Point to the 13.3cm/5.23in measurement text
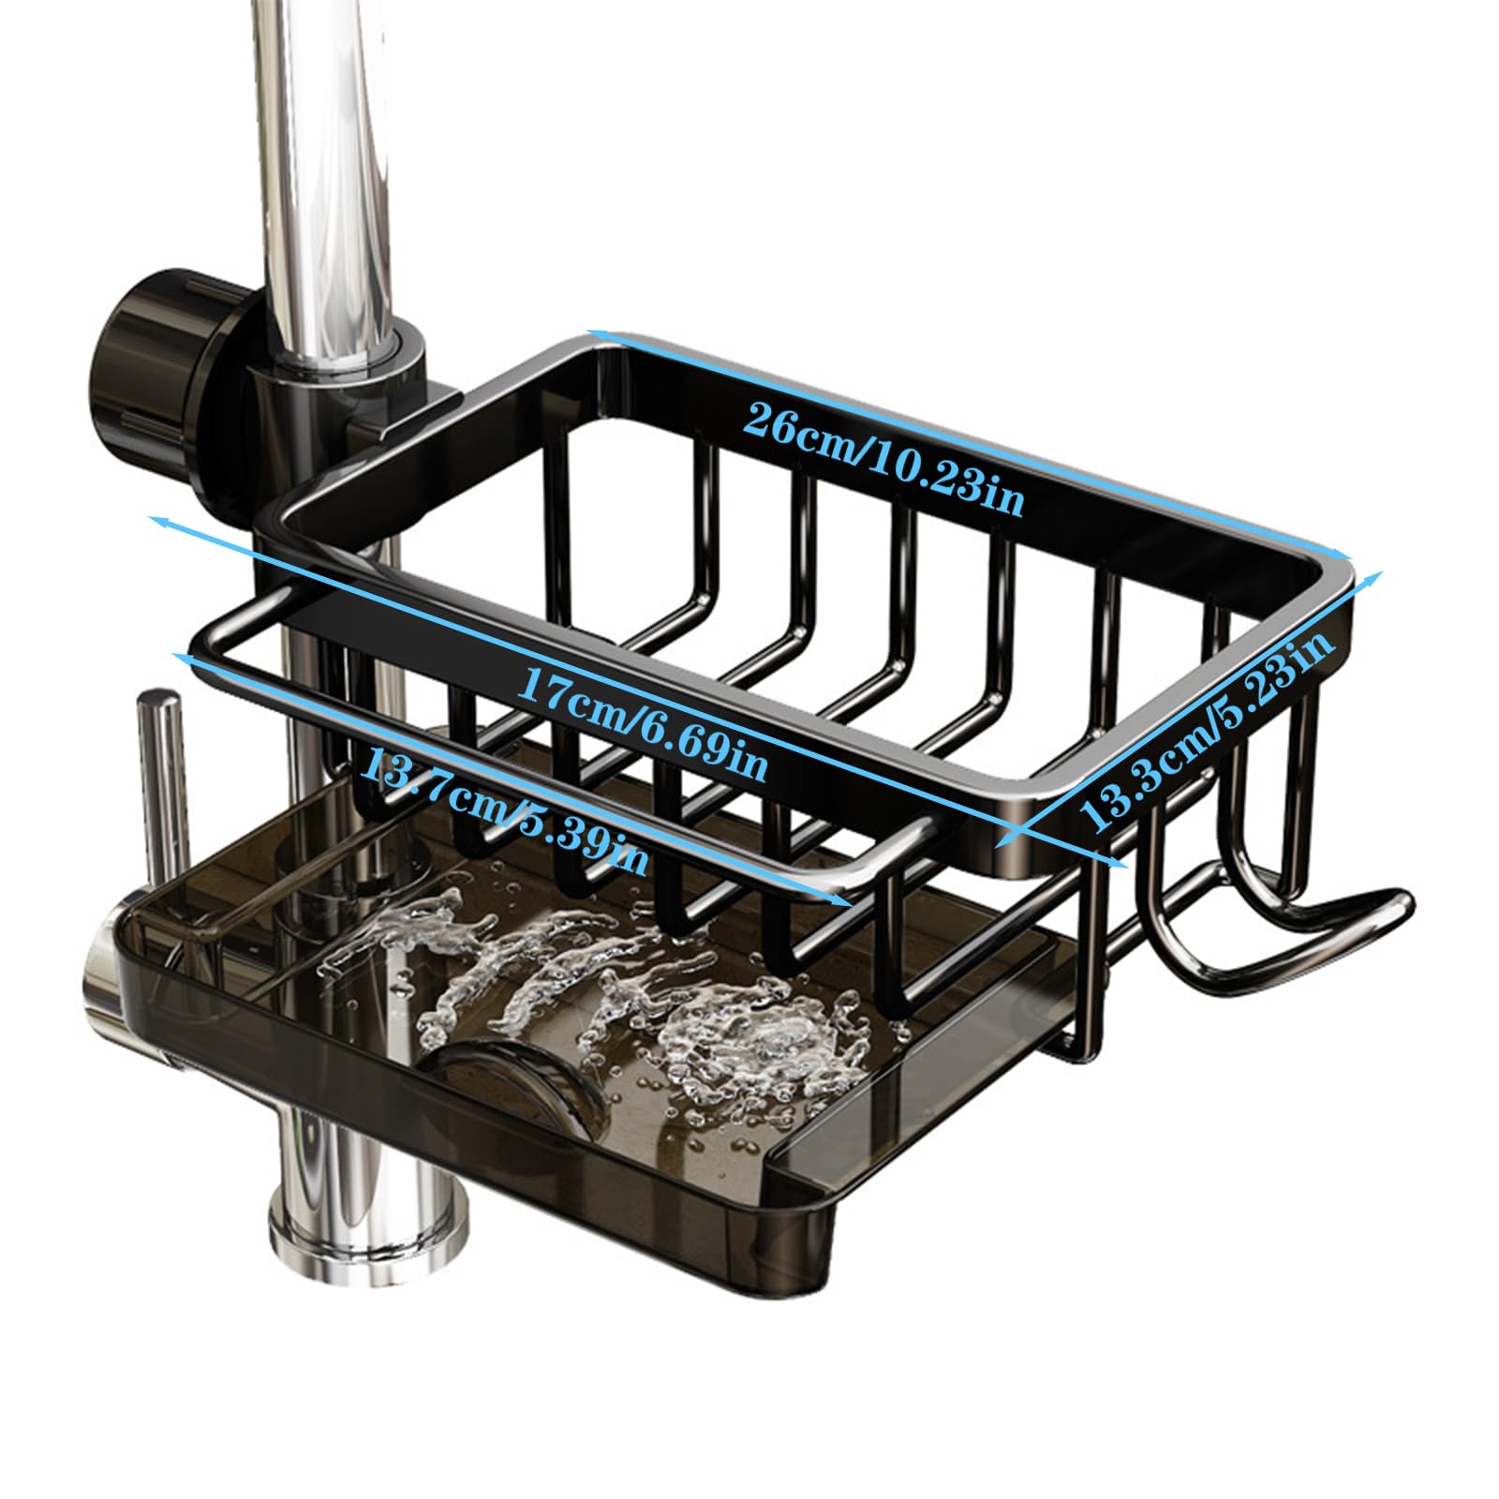tap(1207, 731)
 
